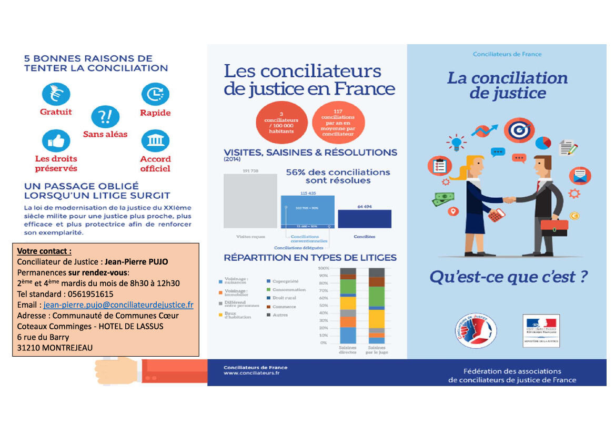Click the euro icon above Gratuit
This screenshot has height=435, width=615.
coord(56,94)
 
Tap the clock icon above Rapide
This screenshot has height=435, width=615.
coord(155,94)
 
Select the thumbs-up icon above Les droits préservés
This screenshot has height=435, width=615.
coord(56,141)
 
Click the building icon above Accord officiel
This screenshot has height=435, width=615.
coord(155,141)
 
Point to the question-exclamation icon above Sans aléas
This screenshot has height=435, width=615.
coord(105,117)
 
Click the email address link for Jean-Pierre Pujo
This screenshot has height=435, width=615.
coord(118,305)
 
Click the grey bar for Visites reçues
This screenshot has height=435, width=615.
coord(250,200)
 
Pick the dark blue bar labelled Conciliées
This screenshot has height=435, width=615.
coord(364,219)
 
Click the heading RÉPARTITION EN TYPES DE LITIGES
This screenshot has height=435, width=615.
coord(310,258)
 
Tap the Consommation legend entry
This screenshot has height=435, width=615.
coord(288,290)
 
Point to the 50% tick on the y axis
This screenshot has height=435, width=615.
coord(322,305)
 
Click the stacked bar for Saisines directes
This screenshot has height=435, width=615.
coord(348,305)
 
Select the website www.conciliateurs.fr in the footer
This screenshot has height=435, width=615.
coord(251,373)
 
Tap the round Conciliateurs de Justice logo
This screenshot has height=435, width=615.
coord(475,331)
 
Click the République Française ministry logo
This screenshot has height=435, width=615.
coord(541,330)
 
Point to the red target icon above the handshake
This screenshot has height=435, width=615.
coord(519,129)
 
